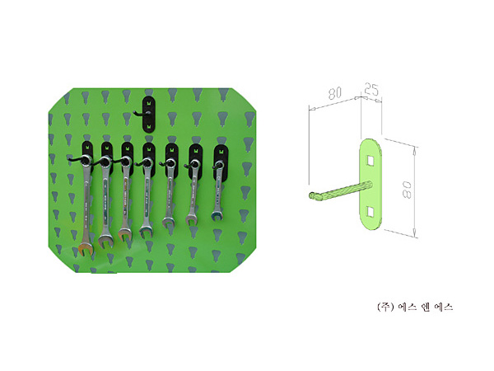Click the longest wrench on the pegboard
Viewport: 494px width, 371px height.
click(x=86, y=205)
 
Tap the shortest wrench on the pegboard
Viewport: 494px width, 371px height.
click(x=218, y=191)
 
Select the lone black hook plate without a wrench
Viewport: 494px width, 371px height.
click(x=149, y=115)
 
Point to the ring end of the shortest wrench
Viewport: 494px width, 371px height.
click(x=219, y=165)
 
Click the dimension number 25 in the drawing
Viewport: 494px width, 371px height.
click(x=371, y=90)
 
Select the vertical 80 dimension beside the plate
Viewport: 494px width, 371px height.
click(x=407, y=190)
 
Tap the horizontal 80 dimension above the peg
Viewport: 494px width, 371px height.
click(x=334, y=92)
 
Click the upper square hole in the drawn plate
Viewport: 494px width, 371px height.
click(x=370, y=161)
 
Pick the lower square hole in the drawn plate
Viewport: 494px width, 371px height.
click(x=370, y=212)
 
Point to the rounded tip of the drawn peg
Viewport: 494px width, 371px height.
click(x=312, y=195)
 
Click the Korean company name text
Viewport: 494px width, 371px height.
click(x=415, y=307)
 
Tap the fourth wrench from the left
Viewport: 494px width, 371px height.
click(x=147, y=198)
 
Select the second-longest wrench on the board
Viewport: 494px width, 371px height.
click(x=105, y=202)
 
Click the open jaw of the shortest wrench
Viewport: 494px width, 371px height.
click(x=217, y=216)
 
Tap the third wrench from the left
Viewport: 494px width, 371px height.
click(x=125, y=199)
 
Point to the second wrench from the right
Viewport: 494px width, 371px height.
click(x=193, y=192)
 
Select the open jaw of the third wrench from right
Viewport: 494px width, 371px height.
click(x=169, y=222)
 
